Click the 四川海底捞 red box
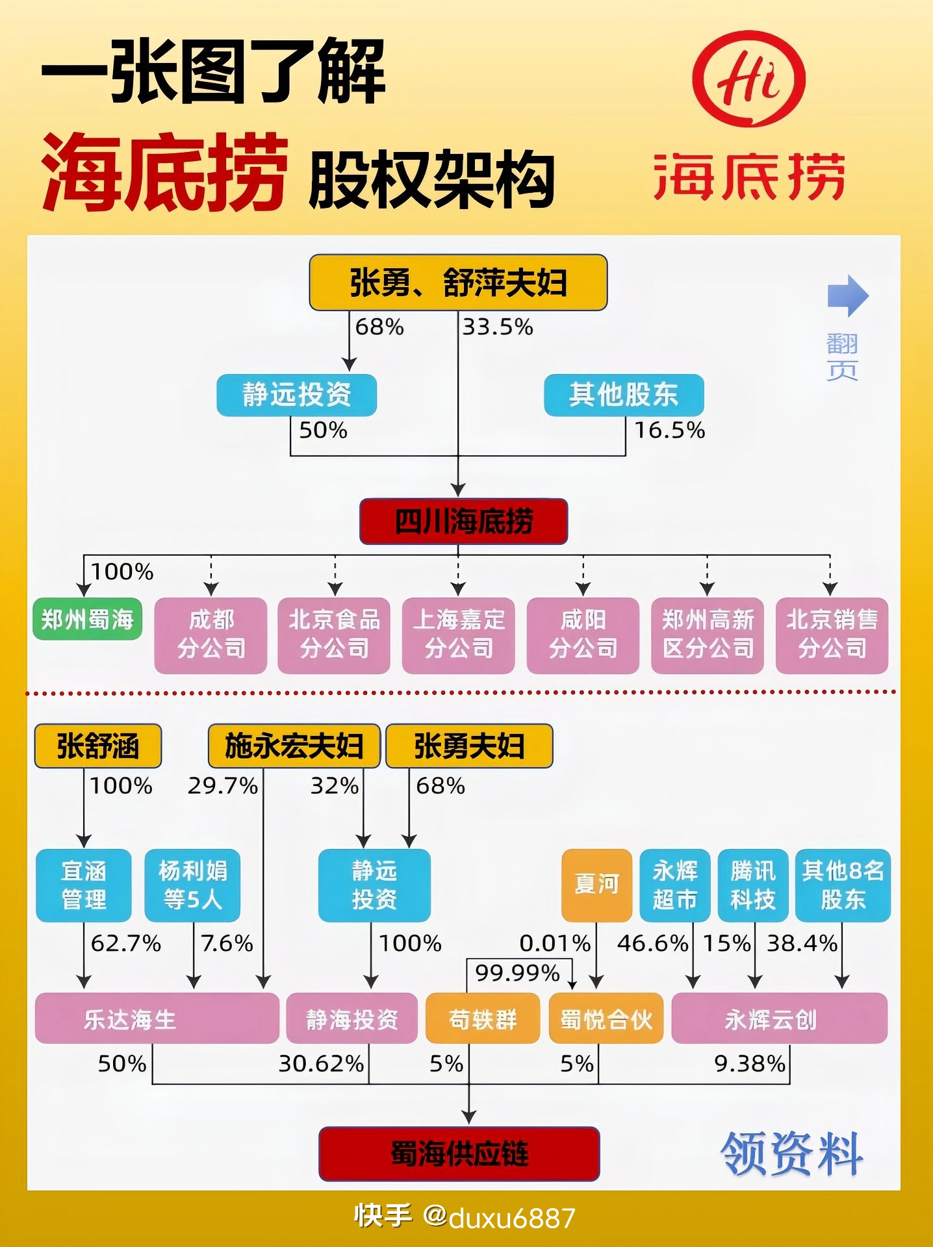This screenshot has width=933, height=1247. coord(463,522)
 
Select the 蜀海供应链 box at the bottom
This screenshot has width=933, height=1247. coord(459,1153)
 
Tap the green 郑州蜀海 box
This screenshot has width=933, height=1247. coord(87,619)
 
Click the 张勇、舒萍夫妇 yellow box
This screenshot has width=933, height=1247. coord(458,283)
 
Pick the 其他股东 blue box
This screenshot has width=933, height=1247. coord(624,395)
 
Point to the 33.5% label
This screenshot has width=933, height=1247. coord(497,327)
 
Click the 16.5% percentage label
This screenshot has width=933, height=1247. coord(669,430)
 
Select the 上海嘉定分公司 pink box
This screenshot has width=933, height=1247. coord(458,635)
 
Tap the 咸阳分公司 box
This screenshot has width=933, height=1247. coord(583,635)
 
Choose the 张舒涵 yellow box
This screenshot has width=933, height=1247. coord(97,746)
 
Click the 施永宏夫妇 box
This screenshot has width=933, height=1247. coord(294,746)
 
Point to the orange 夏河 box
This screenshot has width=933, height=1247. coord(596,885)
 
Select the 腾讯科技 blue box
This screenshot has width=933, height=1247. coord(752,885)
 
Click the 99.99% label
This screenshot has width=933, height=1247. coord(517,973)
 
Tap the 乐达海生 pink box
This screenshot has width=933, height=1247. coord(157,1018)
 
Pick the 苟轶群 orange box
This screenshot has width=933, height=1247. coord(482,1018)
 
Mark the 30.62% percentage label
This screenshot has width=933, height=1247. coord(321,1063)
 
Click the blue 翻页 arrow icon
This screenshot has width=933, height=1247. coord(847,296)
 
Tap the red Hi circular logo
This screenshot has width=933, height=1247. coord(748,79)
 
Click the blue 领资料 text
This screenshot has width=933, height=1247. coord(791,1153)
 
